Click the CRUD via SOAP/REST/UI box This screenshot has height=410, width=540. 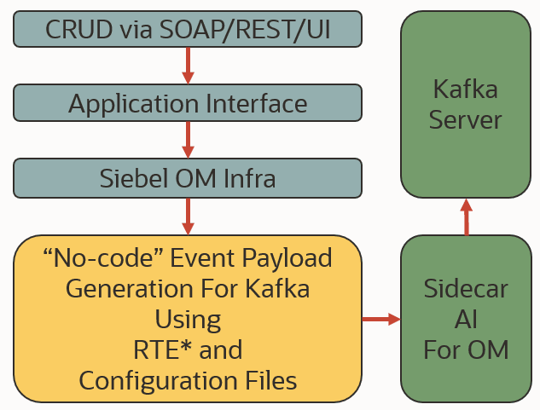188,30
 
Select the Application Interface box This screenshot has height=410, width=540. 188,103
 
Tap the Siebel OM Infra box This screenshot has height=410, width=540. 188,177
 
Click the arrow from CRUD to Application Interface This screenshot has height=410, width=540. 188,66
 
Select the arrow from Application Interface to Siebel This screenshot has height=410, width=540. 188,140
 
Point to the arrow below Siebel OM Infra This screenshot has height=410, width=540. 188,216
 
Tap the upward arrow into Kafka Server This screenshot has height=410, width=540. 466,217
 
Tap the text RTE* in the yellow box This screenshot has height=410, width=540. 163,349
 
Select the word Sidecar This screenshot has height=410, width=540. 466,287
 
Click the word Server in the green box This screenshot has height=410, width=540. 466,119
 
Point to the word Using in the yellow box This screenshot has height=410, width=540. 188,319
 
